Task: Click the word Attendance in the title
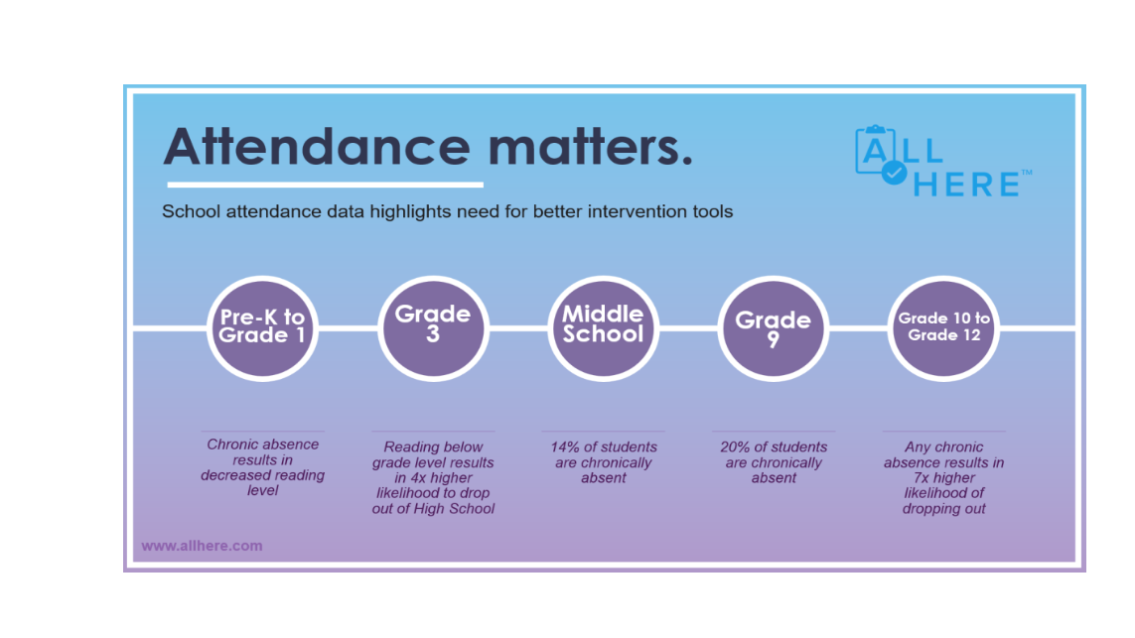point(317,147)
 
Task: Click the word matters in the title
point(584,147)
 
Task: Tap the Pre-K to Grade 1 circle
point(263,327)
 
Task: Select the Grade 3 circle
point(433,327)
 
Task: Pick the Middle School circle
point(603,327)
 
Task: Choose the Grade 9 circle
point(774,327)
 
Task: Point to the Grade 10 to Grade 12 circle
point(943,327)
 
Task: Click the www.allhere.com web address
point(202,546)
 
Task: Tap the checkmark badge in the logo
point(894,173)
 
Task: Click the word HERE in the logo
point(966,185)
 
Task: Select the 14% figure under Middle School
point(565,447)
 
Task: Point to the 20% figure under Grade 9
point(735,447)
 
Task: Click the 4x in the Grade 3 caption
point(421,478)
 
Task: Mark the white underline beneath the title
point(325,186)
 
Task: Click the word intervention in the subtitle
point(630,212)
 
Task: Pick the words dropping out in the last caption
point(944,509)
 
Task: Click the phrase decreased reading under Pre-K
point(263,475)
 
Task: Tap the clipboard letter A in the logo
point(875,151)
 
